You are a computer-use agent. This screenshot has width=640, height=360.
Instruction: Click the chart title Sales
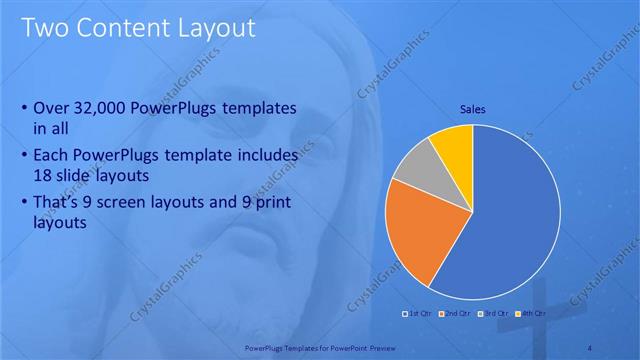(x=473, y=109)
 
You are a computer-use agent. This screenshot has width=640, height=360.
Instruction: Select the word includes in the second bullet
(x=261, y=156)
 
